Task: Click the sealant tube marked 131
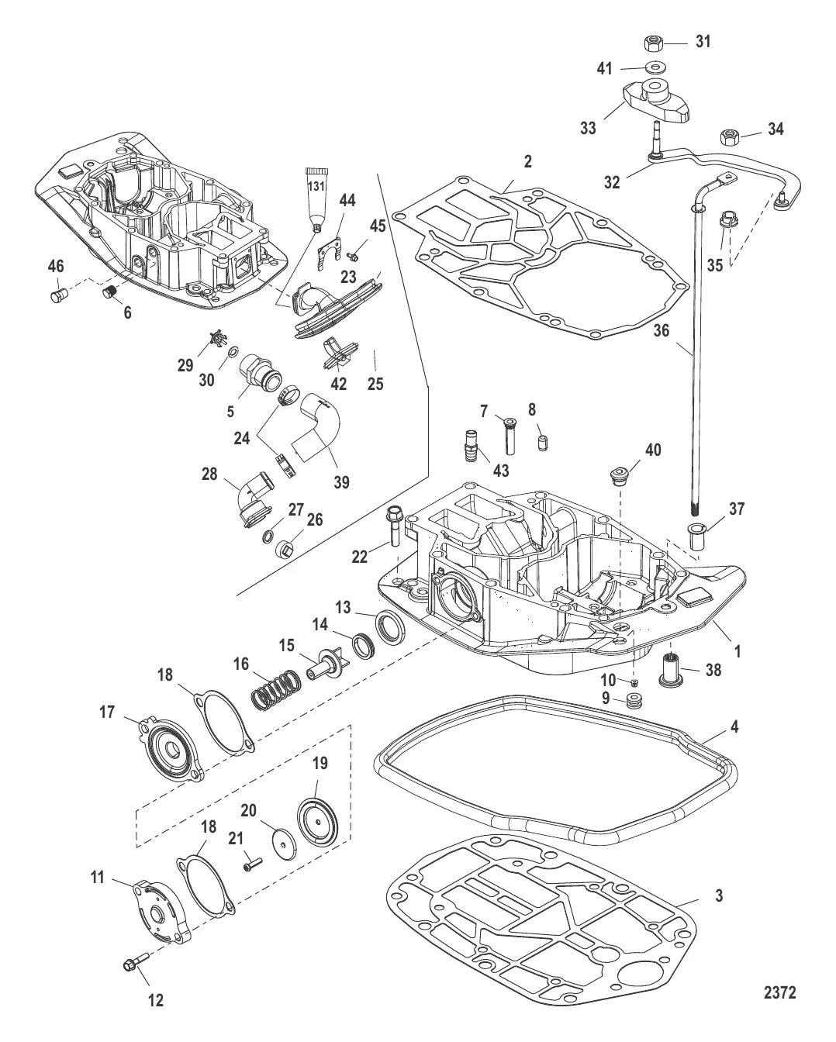(x=316, y=198)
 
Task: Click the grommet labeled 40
(x=618, y=475)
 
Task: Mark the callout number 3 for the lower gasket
(x=719, y=895)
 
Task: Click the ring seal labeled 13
(x=390, y=626)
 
